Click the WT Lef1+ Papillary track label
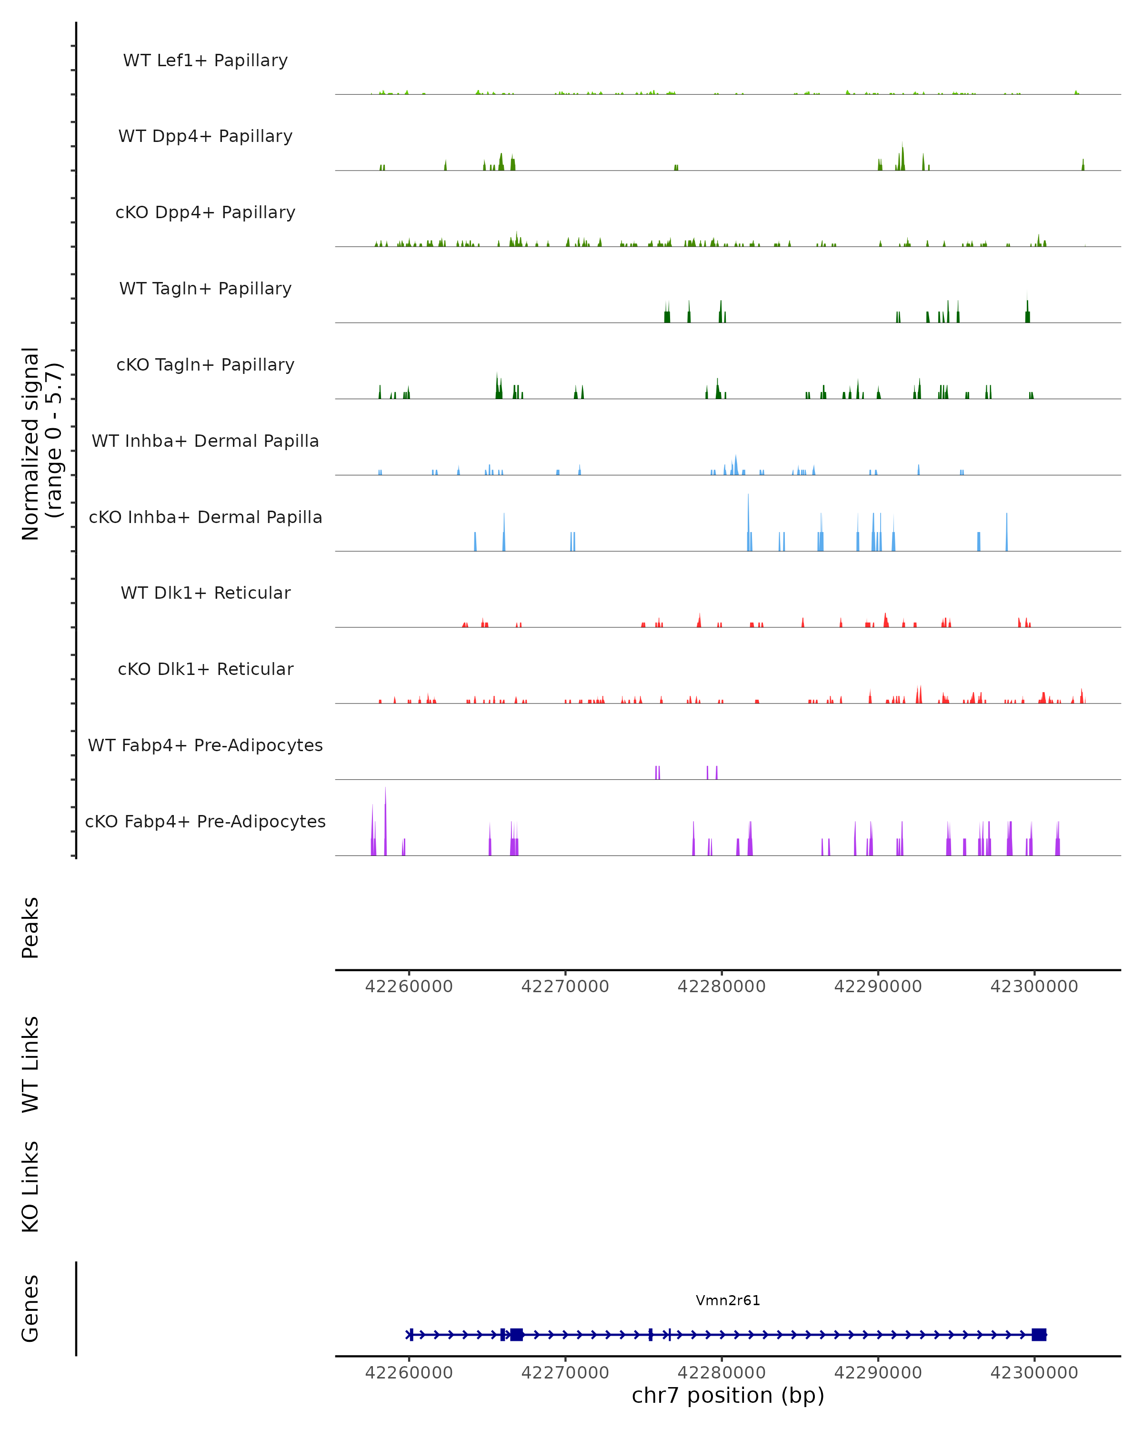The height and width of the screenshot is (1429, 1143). pyautogui.click(x=205, y=60)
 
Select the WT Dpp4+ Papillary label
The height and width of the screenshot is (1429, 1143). pyautogui.click(x=205, y=137)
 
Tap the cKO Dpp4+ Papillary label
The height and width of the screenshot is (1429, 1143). pyautogui.click(x=205, y=213)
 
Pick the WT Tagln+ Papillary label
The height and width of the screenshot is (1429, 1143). pyautogui.click(x=205, y=289)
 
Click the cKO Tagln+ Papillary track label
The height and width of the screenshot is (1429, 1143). pyautogui.click(x=205, y=365)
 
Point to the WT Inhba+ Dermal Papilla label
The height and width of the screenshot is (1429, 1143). pyautogui.click(x=205, y=442)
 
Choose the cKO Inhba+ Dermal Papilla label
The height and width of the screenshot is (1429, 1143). pyautogui.click(x=205, y=518)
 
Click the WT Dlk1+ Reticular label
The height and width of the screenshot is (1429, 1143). pyautogui.click(x=205, y=593)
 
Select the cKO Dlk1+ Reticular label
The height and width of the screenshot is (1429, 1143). pyautogui.click(x=205, y=669)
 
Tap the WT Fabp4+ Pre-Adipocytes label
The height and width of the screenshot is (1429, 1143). pyautogui.click(x=205, y=745)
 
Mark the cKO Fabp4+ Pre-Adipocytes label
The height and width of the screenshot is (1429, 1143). pyautogui.click(x=205, y=822)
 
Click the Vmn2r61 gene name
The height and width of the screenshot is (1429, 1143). pyautogui.click(x=728, y=1300)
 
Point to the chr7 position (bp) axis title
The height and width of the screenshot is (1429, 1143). pyautogui.click(x=728, y=1396)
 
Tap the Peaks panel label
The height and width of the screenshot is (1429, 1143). pyautogui.click(x=30, y=927)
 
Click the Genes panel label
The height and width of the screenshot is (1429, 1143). pyautogui.click(x=30, y=1308)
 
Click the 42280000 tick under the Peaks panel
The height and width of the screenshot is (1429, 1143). pyautogui.click(x=722, y=986)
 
